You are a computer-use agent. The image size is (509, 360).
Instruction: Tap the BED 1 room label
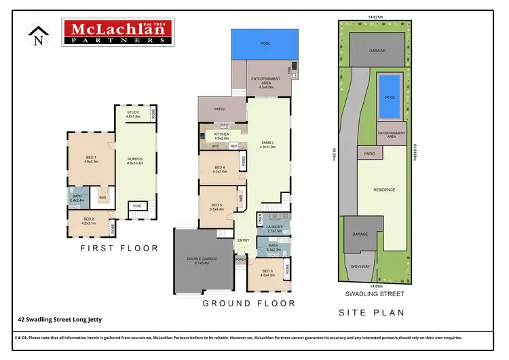click(x=91, y=159)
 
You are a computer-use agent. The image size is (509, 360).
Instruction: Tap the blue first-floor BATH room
click(x=75, y=199)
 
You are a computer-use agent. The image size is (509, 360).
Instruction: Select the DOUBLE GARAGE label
click(x=203, y=261)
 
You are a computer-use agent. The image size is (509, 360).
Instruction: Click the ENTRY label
click(x=244, y=240)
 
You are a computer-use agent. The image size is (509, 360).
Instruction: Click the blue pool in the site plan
click(x=388, y=93)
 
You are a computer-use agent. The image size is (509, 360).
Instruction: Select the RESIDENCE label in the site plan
click(x=383, y=190)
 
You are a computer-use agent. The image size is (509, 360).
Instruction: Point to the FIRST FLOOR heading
click(x=119, y=249)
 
